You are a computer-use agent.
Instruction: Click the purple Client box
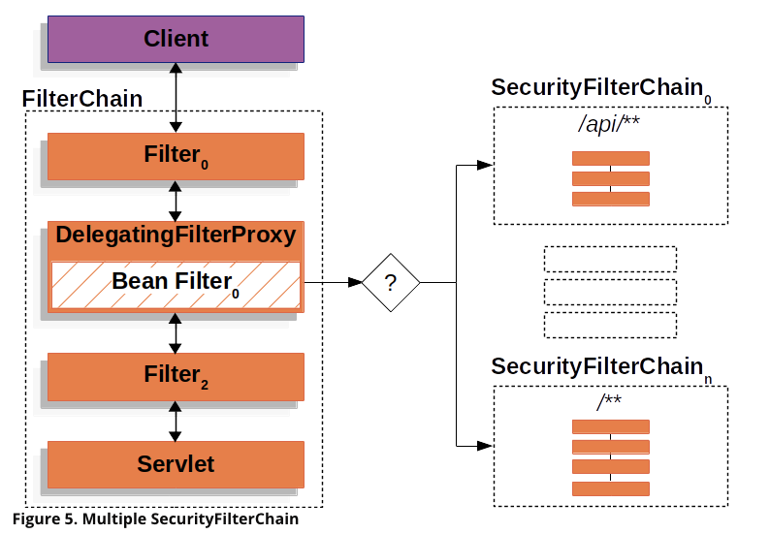176,40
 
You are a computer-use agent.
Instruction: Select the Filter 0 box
176,157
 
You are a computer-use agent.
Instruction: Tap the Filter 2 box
176,376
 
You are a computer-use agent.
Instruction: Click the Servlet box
176,464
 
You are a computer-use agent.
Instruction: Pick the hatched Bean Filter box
176,285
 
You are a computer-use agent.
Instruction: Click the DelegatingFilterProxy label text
176,235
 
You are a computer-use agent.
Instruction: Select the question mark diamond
391,283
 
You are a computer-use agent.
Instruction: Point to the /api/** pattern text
609,124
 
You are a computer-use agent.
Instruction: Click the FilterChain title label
82,99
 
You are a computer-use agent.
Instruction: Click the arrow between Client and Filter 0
176,98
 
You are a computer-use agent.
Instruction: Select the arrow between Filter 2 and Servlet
176,422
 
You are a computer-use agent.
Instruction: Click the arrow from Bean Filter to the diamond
333,282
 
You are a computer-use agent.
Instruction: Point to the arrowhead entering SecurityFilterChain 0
485,165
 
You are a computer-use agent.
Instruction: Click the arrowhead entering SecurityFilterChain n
485,446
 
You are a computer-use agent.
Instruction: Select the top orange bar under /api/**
611,159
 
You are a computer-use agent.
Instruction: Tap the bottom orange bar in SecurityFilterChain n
611,488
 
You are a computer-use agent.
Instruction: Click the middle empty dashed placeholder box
610,292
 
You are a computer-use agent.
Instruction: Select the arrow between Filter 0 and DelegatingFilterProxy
176,202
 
